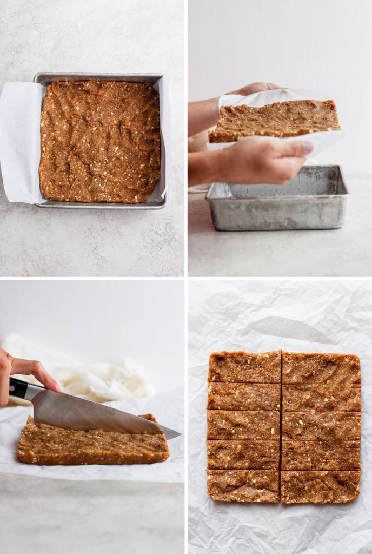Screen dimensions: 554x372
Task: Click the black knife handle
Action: click(18, 388)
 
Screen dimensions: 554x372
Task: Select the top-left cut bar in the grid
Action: click(244, 367)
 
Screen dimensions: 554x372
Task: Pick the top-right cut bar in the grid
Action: click(321, 368)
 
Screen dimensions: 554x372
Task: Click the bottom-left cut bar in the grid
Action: click(243, 485)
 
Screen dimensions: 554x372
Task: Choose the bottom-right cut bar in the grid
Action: click(320, 486)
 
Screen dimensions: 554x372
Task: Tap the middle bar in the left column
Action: click(243, 425)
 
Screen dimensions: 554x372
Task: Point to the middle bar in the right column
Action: click(321, 426)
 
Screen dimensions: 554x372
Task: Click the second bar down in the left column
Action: click(244, 396)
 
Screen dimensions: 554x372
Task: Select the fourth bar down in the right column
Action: click(321, 456)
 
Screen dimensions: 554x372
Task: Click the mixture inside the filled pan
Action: click(99, 141)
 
